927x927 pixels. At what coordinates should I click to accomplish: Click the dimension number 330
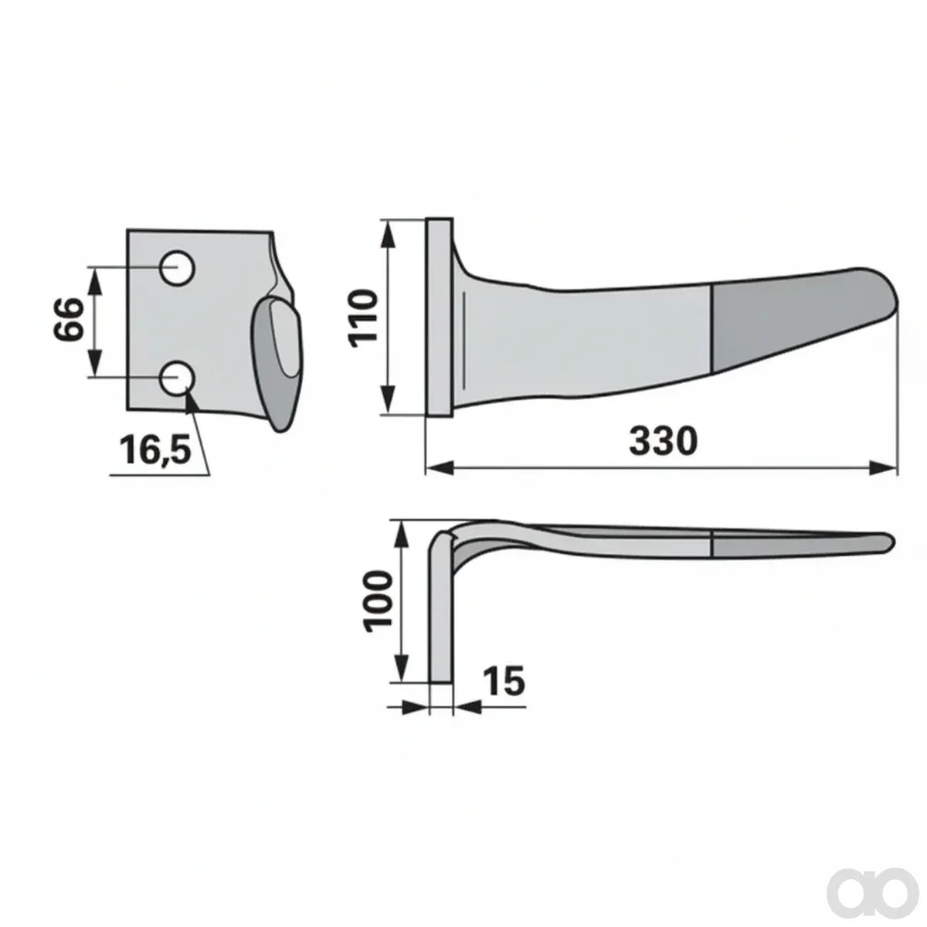point(663,440)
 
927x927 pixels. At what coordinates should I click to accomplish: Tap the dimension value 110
point(363,318)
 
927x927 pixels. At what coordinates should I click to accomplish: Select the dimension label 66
point(68,319)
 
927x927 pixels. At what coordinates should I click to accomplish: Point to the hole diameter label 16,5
point(155,449)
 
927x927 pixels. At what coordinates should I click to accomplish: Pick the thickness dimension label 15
point(503,681)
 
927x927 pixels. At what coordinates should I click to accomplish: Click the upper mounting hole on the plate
point(178,268)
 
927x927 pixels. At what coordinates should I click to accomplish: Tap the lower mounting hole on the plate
point(178,378)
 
